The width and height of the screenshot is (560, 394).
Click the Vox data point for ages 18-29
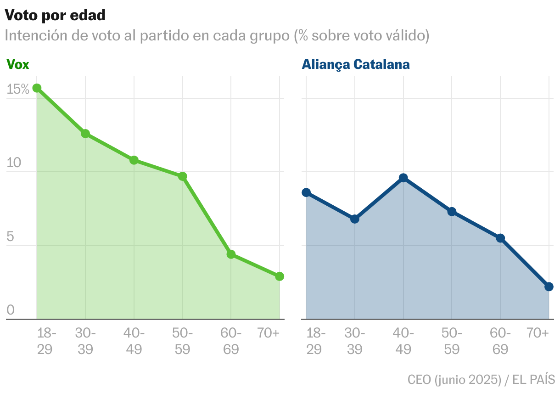(x=37, y=88)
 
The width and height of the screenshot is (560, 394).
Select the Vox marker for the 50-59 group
(x=183, y=176)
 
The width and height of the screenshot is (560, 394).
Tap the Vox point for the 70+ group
(x=280, y=276)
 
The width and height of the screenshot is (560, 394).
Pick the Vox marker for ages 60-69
(x=231, y=254)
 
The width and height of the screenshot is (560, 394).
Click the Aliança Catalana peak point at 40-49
(x=403, y=178)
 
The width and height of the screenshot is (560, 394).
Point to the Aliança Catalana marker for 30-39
(x=355, y=219)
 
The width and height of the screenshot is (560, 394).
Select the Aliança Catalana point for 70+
(x=549, y=287)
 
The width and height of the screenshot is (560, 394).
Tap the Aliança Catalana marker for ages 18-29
(x=306, y=192)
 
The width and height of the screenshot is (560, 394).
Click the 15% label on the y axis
(x=18, y=90)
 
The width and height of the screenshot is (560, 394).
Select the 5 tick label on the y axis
(x=11, y=237)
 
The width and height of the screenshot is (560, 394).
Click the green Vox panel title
(x=17, y=65)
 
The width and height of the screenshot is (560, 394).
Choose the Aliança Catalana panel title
(x=355, y=65)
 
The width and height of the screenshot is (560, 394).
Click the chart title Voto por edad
(x=55, y=15)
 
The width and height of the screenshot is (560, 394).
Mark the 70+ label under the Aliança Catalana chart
(x=538, y=333)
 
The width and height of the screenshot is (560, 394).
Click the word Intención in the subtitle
(x=35, y=35)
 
